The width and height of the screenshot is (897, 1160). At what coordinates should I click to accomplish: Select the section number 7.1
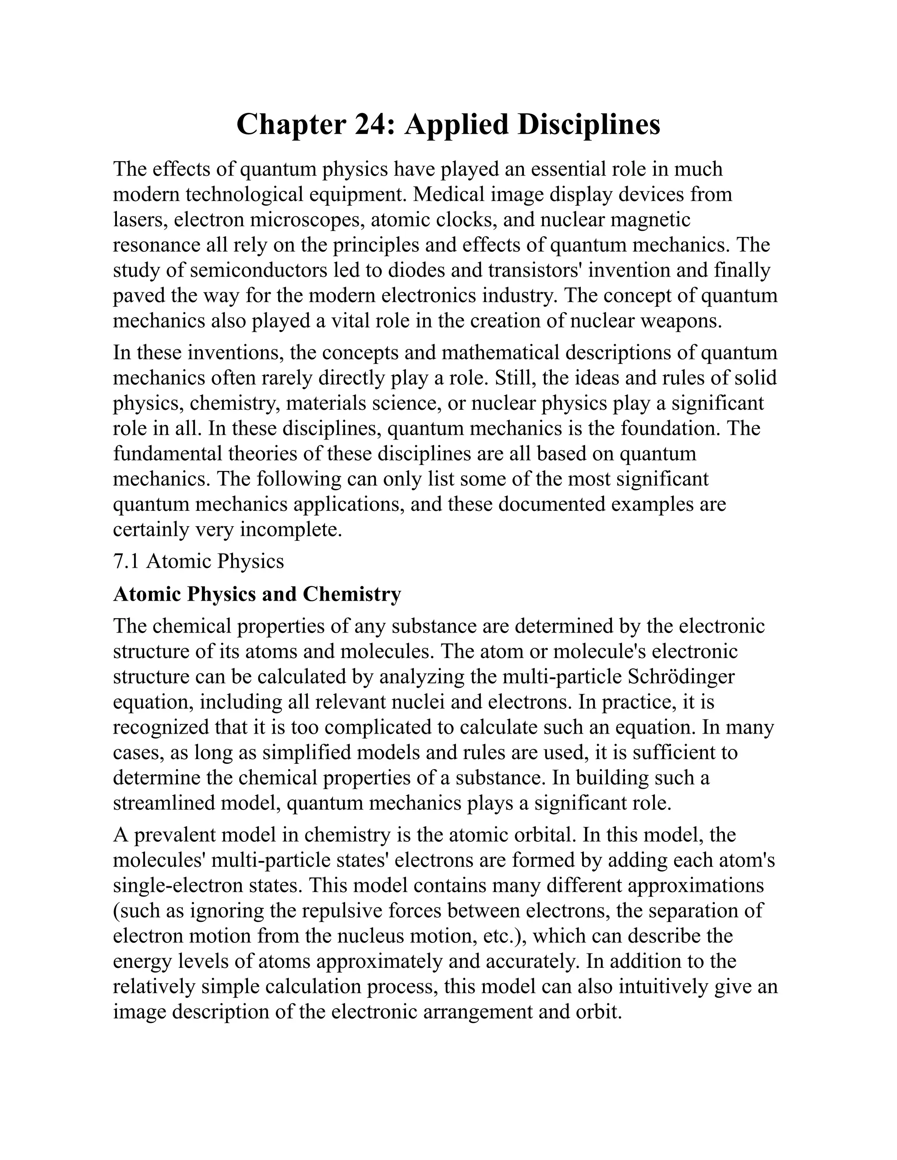126,561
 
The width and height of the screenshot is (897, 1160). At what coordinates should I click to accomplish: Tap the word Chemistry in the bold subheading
351,594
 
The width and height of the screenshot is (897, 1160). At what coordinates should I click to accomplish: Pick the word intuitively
663,986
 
